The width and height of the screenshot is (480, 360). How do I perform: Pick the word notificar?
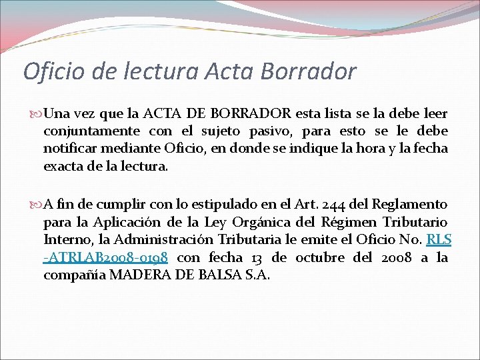click(68, 148)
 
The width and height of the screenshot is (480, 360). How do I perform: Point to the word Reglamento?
click(409, 205)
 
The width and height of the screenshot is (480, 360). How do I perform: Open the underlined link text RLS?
click(439, 239)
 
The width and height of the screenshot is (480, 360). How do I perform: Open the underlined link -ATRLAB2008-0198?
click(105, 257)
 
